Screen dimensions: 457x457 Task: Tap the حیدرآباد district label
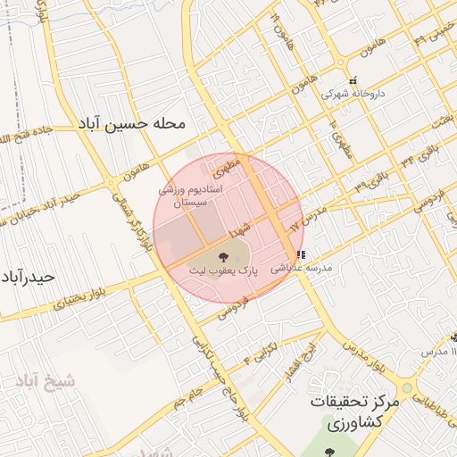[29, 276]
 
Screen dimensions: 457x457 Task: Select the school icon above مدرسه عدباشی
[299, 254]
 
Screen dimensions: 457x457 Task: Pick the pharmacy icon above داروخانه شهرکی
[353, 80]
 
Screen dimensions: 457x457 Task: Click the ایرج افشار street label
[296, 363]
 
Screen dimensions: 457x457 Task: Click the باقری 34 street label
[422, 155]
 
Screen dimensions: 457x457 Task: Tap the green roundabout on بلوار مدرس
[407, 388]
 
